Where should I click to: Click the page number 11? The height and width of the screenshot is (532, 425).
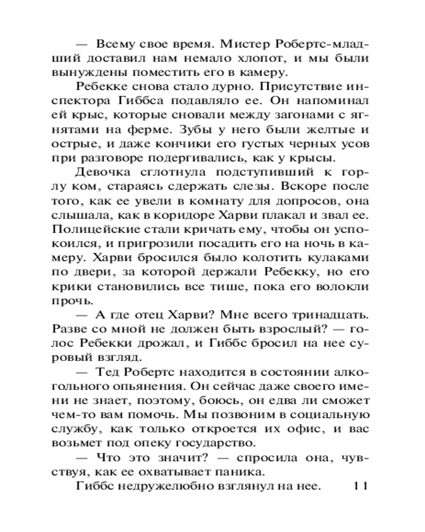(x=360, y=486)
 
